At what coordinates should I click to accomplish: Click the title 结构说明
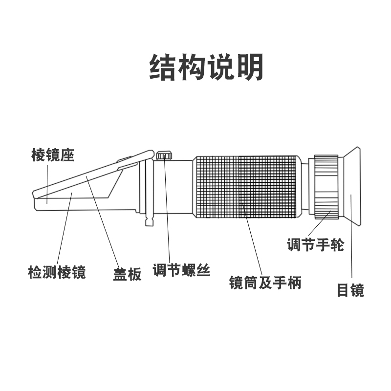point(206,67)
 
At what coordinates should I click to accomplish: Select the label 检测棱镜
point(57,272)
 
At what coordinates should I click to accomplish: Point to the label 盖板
point(127,275)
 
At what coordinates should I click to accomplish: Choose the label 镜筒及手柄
point(265,282)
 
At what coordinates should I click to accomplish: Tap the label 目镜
point(350,290)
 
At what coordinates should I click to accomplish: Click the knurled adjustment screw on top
point(165,155)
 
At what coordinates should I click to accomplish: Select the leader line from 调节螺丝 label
point(168,215)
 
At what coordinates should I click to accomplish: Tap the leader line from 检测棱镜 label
point(64,230)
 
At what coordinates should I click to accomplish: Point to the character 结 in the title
point(162,67)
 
